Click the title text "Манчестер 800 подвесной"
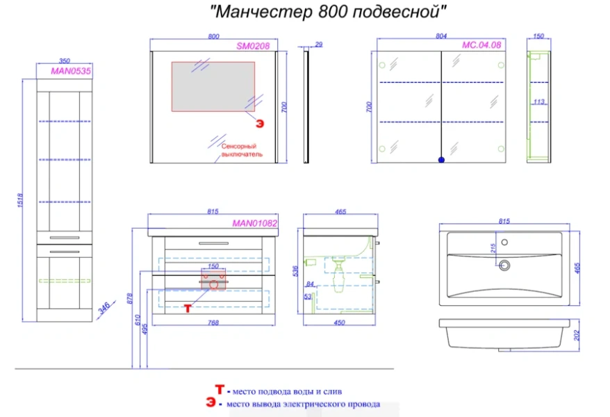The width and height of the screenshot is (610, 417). (x=327, y=12)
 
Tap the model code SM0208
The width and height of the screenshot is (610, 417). (x=252, y=45)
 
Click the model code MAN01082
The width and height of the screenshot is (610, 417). (x=254, y=224)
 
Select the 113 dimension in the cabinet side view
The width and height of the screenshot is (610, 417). (x=539, y=101)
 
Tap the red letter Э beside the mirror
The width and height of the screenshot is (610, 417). (x=260, y=124)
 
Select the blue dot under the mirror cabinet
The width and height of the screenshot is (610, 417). (x=440, y=160)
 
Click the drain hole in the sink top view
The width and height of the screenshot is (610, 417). (x=505, y=264)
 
